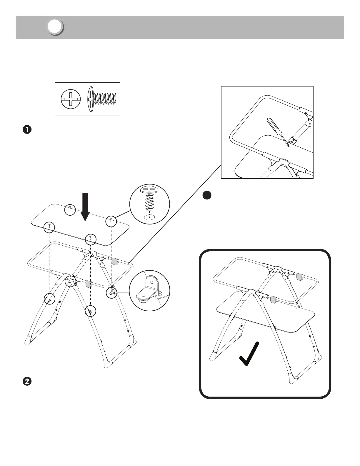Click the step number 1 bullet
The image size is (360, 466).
click(x=27, y=130)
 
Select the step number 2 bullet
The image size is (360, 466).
click(x=27, y=382)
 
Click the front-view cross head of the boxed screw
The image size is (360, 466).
click(x=71, y=99)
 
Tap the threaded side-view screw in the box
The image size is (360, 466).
click(x=103, y=99)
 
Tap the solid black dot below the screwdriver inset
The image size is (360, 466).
click(x=207, y=195)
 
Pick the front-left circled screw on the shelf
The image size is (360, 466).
click(x=49, y=227)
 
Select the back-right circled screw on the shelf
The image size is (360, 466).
click(x=111, y=221)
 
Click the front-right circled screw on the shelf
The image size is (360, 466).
click(x=91, y=239)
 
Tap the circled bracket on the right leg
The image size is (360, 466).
click(x=112, y=293)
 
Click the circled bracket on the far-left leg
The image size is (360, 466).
click(x=49, y=299)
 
